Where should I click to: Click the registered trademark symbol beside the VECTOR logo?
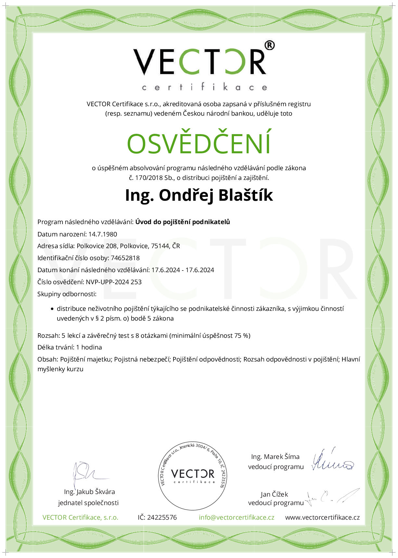269,45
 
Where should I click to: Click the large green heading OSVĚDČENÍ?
199,143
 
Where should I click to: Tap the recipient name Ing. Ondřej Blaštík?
199,195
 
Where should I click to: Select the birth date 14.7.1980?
103,234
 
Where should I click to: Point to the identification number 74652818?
125,258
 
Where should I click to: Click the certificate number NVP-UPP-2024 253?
114,282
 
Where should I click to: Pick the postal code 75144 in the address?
160,246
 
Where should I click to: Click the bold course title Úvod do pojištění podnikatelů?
183,222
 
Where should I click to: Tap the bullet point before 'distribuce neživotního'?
52,309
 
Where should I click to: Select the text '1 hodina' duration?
89,347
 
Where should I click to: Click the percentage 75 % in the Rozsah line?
242,336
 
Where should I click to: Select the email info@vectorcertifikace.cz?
237,517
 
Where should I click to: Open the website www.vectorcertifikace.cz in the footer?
322,517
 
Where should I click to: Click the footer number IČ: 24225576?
157,517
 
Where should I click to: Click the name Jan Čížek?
274,494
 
